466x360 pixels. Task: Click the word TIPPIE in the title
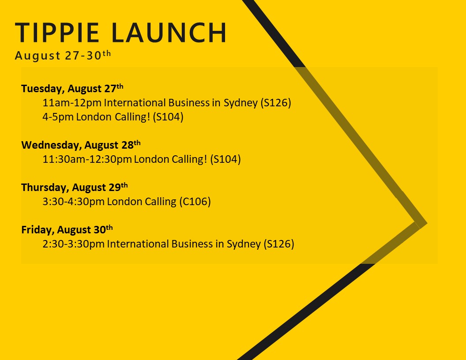tap(57, 33)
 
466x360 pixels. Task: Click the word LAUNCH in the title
tap(169, 33)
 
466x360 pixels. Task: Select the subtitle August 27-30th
tap(63, 55)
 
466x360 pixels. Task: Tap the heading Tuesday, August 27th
tap(72, 88)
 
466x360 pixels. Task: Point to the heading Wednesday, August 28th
tap(81, 145)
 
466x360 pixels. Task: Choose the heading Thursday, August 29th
tap(74, 187)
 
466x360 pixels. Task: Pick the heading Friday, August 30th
tap(67, 229)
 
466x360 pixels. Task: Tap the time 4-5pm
tap(58, 117)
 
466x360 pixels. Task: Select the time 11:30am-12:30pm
tap(87, 159)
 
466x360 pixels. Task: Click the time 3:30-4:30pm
tap(73, 202)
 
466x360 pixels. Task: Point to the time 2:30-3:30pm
tap(73, 244)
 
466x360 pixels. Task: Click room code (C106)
tap(195, 202)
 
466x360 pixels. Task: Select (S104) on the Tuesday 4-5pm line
tap(168, 117)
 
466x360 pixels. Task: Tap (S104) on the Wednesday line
tap(225, 159)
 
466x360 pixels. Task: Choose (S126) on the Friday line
tap(279, 244)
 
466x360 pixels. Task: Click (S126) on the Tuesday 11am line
tap(276, 103)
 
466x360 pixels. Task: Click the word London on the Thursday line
tap(124, 202)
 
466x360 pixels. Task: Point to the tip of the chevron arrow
tap(427, 223)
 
